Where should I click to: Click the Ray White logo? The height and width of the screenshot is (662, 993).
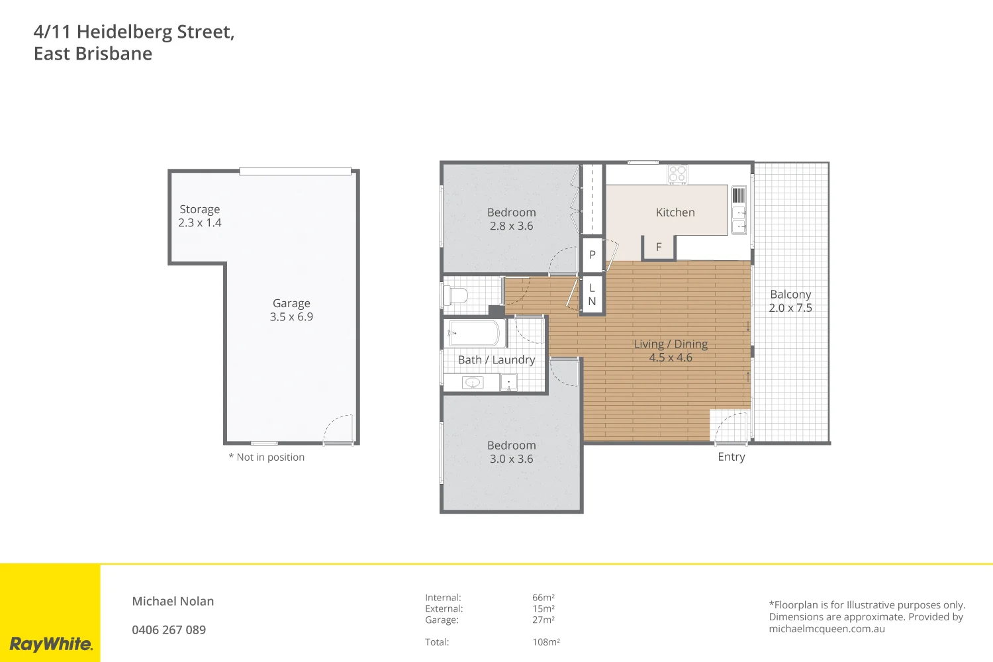50,643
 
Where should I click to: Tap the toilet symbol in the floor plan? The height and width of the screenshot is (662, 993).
456,295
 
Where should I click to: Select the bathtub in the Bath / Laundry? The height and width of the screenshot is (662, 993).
474,333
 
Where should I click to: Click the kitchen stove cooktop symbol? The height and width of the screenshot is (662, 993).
677,174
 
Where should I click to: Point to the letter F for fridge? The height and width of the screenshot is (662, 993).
659,247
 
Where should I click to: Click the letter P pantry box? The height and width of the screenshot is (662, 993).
592,255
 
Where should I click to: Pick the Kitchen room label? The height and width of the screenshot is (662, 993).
675,213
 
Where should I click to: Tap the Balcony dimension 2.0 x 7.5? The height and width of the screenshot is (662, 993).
790,308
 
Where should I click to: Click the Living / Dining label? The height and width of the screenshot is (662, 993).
671,344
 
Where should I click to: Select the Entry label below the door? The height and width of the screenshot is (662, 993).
731,457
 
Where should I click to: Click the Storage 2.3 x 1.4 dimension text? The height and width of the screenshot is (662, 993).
199,223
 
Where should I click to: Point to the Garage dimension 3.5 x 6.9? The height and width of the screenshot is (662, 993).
291,317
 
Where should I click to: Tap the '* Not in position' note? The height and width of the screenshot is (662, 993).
266,457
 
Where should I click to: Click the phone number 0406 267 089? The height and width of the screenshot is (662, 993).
169,630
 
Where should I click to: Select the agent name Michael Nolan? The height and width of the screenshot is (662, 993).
173,601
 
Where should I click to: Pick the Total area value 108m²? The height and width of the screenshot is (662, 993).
546,642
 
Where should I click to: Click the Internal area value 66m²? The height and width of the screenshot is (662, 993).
544,598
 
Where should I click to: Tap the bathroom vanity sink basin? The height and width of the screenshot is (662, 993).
472,383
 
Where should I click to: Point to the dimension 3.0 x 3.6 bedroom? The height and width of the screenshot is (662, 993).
511,459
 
